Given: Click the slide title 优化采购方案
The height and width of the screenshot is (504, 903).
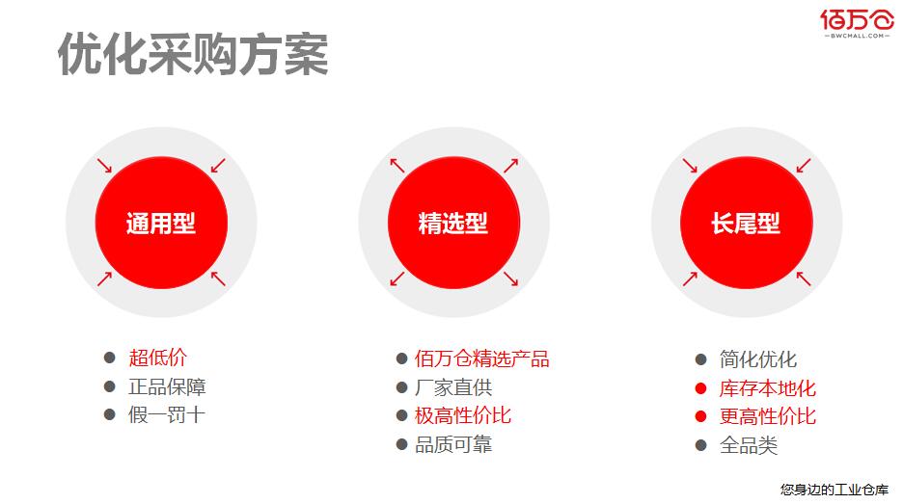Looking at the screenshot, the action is tap(193, 54).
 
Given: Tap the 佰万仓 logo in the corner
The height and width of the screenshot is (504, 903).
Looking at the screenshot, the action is tap(857, 23).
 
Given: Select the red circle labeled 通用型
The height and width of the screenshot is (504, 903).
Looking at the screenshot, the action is tap(161, 223).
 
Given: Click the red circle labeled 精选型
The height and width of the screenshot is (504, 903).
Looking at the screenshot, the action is tap(453, 223).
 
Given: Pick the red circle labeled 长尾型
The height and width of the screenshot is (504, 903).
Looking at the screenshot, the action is tap(747, 223).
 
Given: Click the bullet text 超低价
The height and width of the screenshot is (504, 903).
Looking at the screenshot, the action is tap(158, 358).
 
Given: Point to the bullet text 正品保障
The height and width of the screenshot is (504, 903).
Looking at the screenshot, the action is tap(167, 386).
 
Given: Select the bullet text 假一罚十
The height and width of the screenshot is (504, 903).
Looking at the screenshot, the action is tap(167, 414).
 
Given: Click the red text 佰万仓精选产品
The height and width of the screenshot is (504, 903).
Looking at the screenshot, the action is tap(482, 358).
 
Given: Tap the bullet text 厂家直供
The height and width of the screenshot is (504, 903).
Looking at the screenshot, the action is tap(453, 387).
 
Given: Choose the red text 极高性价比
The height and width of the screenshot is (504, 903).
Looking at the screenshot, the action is tap(463, 415).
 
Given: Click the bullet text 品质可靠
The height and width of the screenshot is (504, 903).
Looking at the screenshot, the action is tap(453, 444).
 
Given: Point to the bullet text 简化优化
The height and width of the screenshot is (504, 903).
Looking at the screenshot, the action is tap(758, 359).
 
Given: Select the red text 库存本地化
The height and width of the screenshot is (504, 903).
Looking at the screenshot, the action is tap(768, 388).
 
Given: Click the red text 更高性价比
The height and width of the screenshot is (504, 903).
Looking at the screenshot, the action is tap(768, 416).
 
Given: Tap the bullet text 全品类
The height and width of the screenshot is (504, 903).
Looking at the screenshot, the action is tap(749, 445).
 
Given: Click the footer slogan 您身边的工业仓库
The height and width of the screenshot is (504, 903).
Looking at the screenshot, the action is tap(835, 490).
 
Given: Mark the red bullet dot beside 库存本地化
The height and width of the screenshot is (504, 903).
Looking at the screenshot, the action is tap(700, 388).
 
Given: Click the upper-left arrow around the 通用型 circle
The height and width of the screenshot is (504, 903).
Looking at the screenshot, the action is tap(104, 166).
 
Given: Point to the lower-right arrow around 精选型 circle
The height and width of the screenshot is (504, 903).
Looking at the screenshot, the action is tap(510, 279).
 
